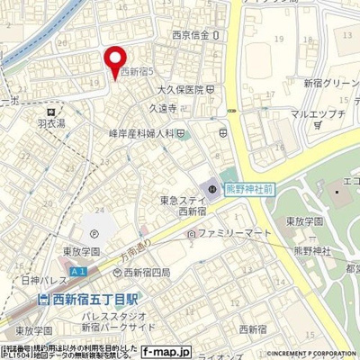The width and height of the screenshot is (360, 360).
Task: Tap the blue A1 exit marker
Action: (79, 271)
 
